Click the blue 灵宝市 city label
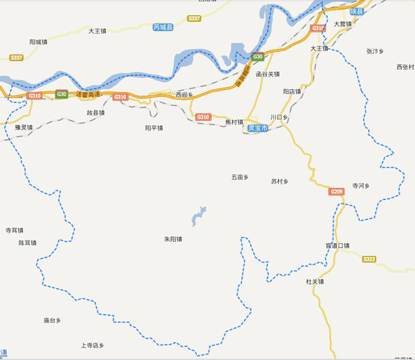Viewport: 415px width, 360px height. tap(257, 129)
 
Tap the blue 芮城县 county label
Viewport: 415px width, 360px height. tap(163, 28)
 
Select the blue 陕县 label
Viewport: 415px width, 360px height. tap(356, 12)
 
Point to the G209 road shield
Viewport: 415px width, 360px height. tap(337, 191)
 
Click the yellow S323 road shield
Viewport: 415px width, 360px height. tap(369, 259)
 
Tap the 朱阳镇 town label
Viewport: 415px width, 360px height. tap(173, 239)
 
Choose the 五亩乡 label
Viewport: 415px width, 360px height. tap(239, 178)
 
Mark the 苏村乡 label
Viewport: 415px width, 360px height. tap(279, 182)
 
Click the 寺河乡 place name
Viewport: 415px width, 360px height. tap(362, 186)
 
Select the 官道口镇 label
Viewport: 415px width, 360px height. tap(338, 245)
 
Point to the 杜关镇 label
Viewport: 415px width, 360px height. tap(315, 281)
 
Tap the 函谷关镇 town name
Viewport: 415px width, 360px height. tap(267, 74)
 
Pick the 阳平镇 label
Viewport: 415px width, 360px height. tap(154, 128)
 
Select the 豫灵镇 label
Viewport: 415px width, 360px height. tap(24, 128)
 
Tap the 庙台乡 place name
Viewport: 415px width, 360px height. tap(53, 321)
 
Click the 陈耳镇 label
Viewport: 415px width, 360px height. tap(28, 243)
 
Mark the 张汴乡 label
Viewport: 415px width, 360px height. tap(375, 51)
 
